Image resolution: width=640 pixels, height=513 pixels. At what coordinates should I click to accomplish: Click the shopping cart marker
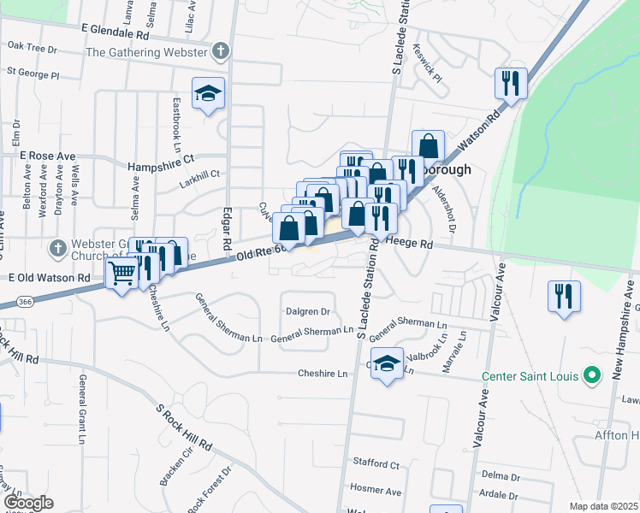coord(122,274)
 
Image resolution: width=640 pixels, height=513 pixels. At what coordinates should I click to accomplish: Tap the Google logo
coord(28,503)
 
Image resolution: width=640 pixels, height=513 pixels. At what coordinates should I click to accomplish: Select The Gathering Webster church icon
coord(221,51)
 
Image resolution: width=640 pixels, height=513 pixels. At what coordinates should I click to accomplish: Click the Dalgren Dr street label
coord(308,312)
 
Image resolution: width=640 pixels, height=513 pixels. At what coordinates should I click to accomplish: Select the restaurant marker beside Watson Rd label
coord(510,83)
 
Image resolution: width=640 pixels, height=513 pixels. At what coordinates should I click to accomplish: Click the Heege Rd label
coord(411,244)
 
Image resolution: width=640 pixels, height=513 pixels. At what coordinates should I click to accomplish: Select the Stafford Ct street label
coord(376,463)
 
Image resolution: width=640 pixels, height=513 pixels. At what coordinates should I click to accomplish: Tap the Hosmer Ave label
coord(376,491)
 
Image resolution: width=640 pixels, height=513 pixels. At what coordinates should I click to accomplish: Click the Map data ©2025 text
coord(603,506)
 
